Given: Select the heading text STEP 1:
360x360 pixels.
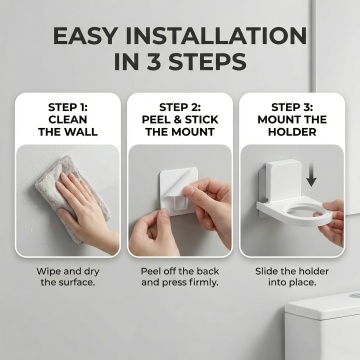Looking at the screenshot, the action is pos(68,107).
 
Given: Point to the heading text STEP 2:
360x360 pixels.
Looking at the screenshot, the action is pos(180,107).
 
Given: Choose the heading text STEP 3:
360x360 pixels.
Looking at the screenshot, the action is pos(292,107).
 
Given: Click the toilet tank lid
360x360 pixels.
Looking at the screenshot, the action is pos(323,305).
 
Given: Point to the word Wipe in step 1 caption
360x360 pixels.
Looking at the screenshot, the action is pos(49,271).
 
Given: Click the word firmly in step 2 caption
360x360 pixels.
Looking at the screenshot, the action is pos(204,283).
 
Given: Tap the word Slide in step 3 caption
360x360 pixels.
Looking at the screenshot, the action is pos(266,271).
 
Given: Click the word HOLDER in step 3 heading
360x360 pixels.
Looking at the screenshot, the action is pos(292,132).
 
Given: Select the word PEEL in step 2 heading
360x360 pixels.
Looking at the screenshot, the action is pos(155,120).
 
